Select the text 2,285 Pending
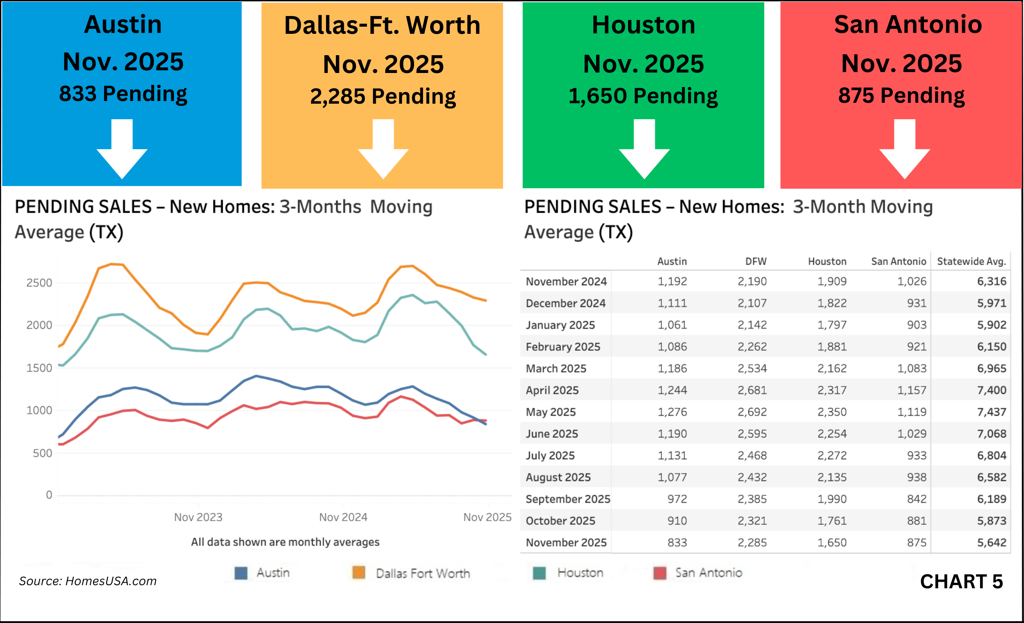[x=383, y=97]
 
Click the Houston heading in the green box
[x=643, y=25]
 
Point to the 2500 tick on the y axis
[x=39, y=283]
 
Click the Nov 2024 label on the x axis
[x=343, y=517]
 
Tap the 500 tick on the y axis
[x=43, y=453]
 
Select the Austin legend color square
[x=241, y=573]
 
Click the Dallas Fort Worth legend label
[x=423, y=573]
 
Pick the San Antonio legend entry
[x=708, y=573]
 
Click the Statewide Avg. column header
[x=971, y=262]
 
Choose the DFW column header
[x=756, y=262]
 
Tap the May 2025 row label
[x=551, y=412]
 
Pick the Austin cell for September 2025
[x=677, y=499]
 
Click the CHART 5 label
[x=961, y=582]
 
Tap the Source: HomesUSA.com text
[x=88, y=581]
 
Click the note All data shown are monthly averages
[x=285, y=542]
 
